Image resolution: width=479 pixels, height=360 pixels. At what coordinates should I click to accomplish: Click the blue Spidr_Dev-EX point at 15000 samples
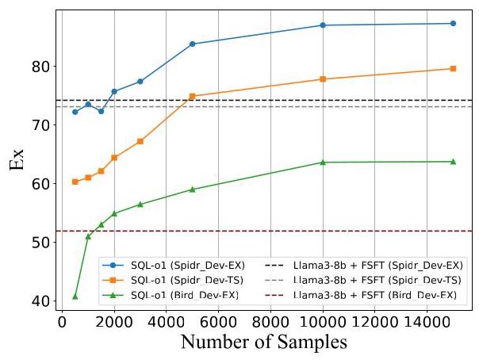453,23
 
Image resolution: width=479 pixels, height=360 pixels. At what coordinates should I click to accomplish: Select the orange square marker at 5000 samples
192,96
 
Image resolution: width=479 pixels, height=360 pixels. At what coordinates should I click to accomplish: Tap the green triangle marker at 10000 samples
323,163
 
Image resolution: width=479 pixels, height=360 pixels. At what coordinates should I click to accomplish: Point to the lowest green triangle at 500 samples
75,296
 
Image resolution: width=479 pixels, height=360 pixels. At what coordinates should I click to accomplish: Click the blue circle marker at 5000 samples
192,44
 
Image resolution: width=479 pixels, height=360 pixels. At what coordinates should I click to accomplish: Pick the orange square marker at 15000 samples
453,68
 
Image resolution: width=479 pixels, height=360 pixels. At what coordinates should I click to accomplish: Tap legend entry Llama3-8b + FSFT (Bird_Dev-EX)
389,294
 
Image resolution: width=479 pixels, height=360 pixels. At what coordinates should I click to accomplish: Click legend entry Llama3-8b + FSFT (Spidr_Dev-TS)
389,280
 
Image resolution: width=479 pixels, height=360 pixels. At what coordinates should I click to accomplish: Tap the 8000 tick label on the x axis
270,324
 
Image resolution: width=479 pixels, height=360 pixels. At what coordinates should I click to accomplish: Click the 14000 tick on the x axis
427,324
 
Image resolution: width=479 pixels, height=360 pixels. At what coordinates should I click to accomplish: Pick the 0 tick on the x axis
62,324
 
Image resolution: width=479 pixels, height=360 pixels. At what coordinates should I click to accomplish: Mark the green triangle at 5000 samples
192,190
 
